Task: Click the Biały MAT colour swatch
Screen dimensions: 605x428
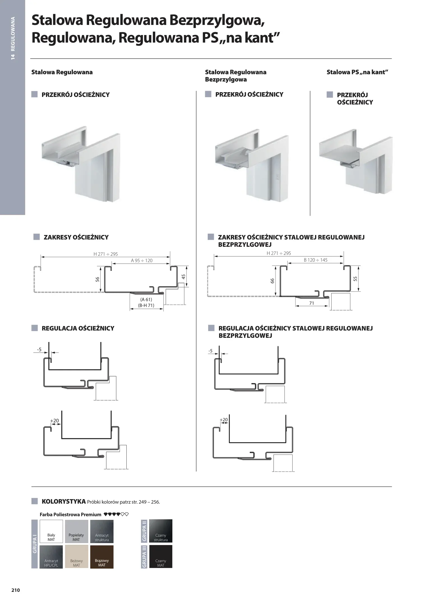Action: tap(51, 531)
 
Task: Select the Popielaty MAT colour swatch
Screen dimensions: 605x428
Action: tap(77, 531)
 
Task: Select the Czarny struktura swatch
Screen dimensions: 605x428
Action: tap(161, 531)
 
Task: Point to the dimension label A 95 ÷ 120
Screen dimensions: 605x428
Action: tap(142, 260)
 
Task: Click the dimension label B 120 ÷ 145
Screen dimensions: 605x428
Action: tap(316, 260)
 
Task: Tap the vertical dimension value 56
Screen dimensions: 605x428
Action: tap(98, 279)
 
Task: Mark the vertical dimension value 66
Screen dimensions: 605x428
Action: tap(272, 281)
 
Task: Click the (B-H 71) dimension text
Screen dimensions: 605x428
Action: tap(146, 305)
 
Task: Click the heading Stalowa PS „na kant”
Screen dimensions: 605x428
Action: tap(357, 72)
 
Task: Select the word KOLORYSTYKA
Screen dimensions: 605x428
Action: tap(64, 501)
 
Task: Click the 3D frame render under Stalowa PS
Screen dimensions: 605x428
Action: tap(355, 161)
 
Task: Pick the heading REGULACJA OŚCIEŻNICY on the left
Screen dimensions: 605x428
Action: tap(78, 328)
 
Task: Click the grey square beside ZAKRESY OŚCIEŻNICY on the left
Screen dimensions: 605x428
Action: tap(36, 237)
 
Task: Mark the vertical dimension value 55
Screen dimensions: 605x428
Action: tap(355, 279)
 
